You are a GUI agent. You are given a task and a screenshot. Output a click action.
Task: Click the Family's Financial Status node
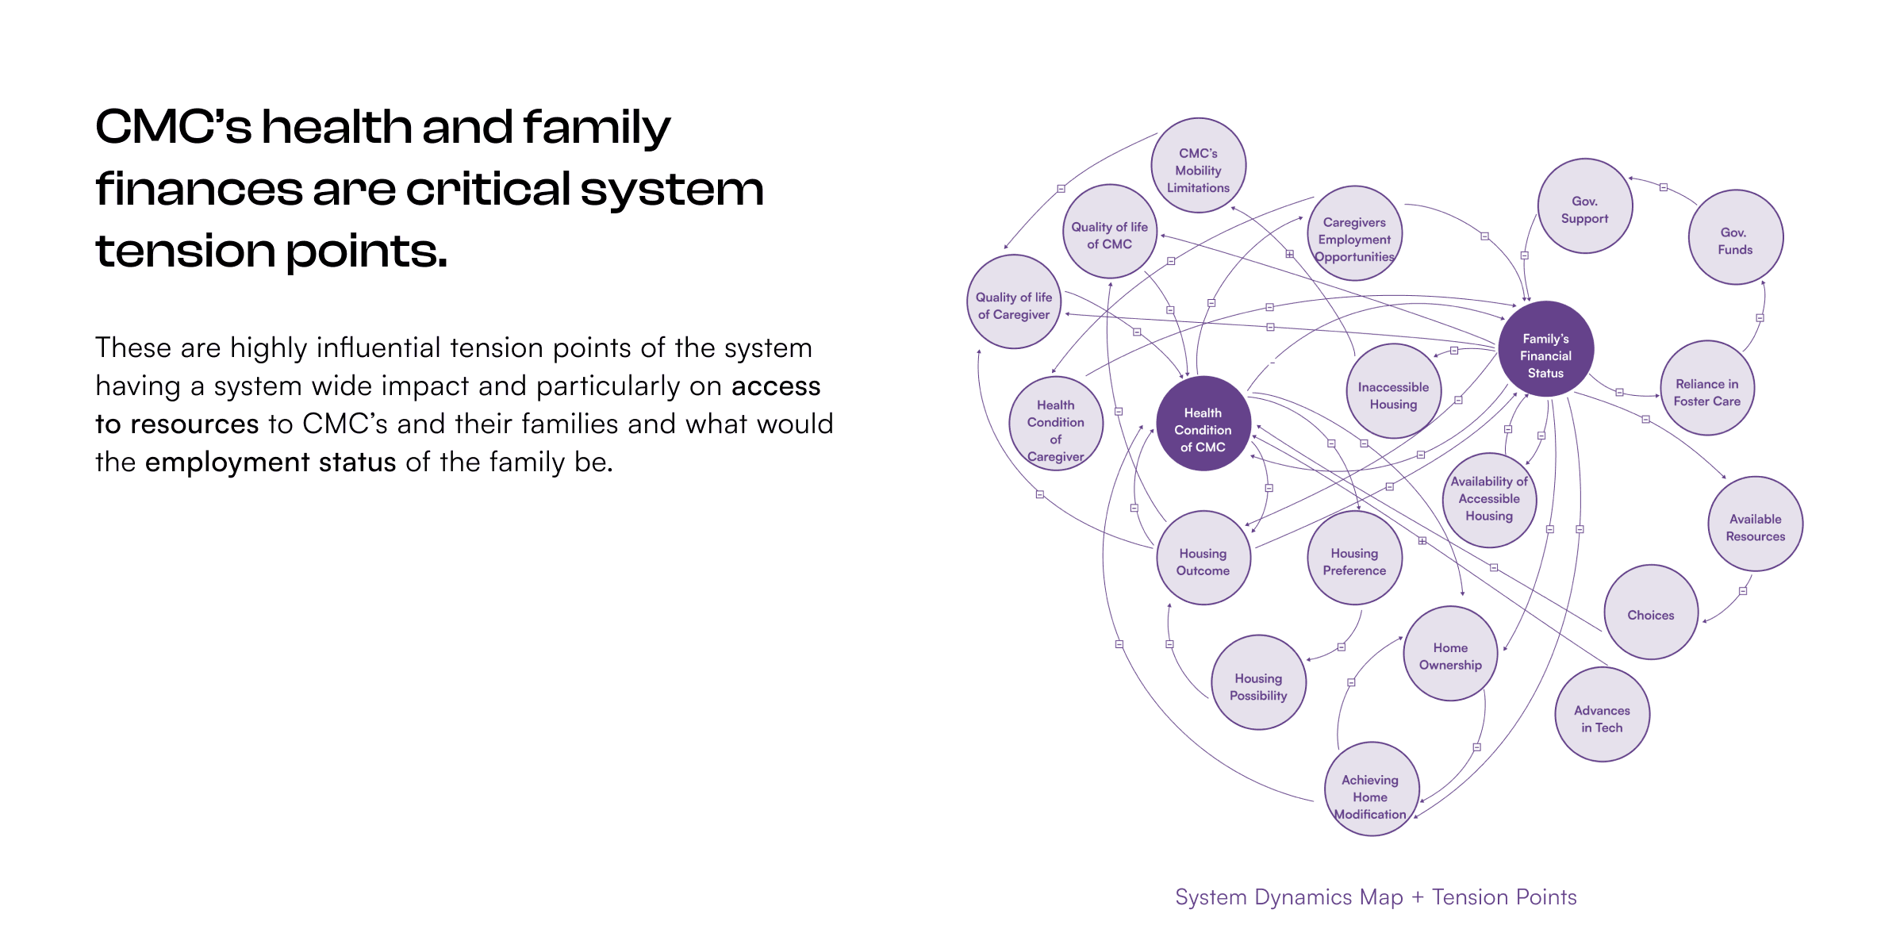pos(1545,349)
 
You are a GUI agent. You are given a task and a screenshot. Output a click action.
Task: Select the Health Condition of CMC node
pos(1203,424)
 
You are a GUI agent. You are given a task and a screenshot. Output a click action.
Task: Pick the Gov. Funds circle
pos(1735,237)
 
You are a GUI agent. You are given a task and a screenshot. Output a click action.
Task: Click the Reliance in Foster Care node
pos(1706,388)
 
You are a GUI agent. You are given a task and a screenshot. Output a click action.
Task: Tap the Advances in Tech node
pos(1601,715)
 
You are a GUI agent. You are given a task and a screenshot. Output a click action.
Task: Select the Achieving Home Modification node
pos(1370,789)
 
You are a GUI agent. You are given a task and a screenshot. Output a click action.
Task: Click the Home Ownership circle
pos(1450,654)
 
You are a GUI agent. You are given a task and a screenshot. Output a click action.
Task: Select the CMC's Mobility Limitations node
pos(1198,166)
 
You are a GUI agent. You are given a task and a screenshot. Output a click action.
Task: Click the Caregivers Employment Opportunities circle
pos(1354,233)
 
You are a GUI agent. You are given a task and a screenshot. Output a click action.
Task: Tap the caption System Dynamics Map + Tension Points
pos(1376,897)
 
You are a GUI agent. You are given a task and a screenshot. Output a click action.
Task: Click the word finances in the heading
pos(198,190)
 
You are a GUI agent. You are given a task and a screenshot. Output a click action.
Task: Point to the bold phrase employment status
pos(271,463)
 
